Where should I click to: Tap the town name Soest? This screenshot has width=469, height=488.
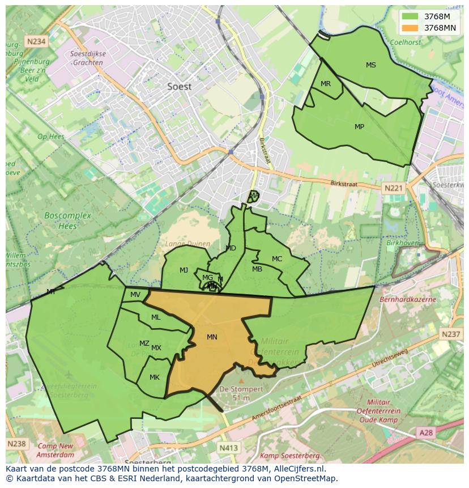(180, 87)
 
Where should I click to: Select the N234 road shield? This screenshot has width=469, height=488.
(35, 41)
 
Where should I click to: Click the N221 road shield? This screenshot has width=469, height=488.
(393, 188)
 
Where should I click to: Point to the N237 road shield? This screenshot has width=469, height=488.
(451, 334)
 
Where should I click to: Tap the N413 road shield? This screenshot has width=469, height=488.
(228, 448)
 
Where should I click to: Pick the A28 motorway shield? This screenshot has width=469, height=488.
(426, 433)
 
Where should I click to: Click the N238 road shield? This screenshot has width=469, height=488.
(16, 443)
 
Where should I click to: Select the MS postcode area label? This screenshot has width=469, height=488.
(370, 65)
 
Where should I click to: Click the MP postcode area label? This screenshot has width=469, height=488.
(359, 127)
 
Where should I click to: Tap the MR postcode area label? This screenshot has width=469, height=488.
(325, 84)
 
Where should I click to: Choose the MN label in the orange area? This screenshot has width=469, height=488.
(212, 337)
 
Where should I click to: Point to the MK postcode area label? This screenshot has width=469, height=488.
(155, 377)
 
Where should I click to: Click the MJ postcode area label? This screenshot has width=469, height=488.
(184, 270)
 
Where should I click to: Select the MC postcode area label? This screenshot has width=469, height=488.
(276, 259)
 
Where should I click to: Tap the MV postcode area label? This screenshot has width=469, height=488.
(135, 295)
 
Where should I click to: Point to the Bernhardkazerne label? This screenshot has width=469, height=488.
(408, 299)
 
